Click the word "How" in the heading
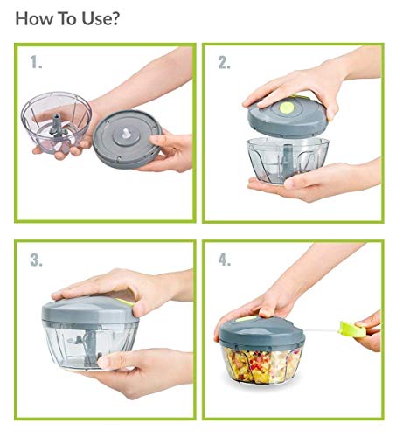pos(34,18)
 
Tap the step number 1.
pos(36,63)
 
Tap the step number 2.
pos(225,63)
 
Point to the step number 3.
pos(36,260)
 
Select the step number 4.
pos(225,260)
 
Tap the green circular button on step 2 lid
pos(287,108)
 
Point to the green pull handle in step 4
pos(353,329)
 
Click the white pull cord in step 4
pos(323,330)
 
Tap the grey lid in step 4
pos(261,332)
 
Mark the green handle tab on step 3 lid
pos(125,302)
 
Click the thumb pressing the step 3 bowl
pos(112,361)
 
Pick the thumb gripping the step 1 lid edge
pos(160,141)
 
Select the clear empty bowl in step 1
pos(56,121)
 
